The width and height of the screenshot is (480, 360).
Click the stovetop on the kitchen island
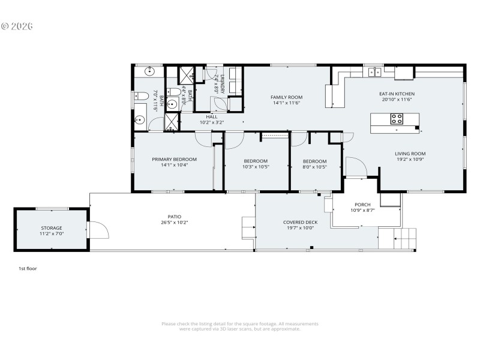coord(397,119)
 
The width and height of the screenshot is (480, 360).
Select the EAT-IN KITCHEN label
coord(397,94)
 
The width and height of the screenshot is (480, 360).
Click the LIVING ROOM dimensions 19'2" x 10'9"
coord(410,160)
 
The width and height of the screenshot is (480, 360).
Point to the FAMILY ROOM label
coord(286,97)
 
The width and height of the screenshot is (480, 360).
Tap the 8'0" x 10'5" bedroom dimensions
coord(314,167)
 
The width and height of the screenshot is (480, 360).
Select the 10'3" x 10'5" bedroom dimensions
coord(256,167)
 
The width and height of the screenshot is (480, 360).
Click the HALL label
coord(212,117)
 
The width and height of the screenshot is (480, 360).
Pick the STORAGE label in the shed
coord(52,228)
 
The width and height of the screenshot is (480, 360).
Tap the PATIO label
coord(174,217)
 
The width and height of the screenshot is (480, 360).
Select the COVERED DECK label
coord(300,222)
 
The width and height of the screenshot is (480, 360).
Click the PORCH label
coord(362,205)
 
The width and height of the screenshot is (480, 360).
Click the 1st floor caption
coord(28,269)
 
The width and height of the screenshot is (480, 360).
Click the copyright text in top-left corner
coord(17,26)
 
